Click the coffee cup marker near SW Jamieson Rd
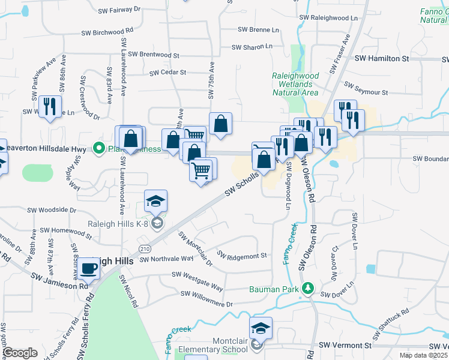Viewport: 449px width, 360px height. [89, 269]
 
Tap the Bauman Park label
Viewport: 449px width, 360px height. [274, 289]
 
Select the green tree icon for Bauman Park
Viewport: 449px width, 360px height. [308, 289]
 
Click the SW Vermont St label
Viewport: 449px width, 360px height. [345, 346]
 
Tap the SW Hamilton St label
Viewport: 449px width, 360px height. [382, 59]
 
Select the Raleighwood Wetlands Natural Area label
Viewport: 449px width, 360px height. [295, 85]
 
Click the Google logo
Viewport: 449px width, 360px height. [20, 352]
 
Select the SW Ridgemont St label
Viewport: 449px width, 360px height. [242, 256]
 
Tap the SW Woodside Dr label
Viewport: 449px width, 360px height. [52, 210]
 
